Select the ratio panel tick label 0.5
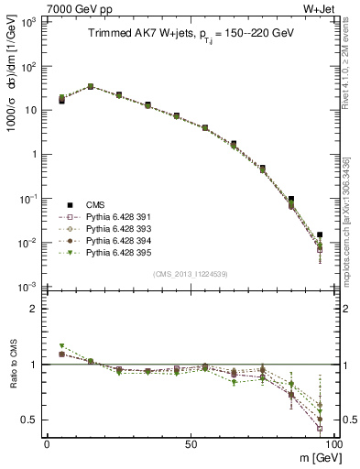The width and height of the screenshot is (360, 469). [x=27, y=420]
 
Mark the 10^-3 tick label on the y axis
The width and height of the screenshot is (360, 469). [x=27, y=287]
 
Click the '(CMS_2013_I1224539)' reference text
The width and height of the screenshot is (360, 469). [x=191, y=275]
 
